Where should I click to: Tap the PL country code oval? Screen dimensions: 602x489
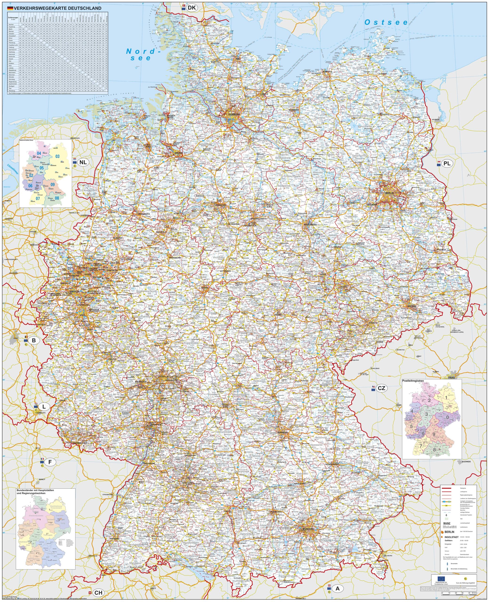447,163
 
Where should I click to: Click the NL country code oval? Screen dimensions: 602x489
83,162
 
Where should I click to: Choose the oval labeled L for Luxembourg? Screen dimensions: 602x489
44,407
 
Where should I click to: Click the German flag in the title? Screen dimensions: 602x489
10,8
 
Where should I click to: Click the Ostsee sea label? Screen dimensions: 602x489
386,23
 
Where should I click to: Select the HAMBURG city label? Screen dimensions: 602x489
234,114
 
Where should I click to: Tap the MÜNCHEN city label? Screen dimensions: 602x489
308,529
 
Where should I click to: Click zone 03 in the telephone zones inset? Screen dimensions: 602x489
57,156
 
